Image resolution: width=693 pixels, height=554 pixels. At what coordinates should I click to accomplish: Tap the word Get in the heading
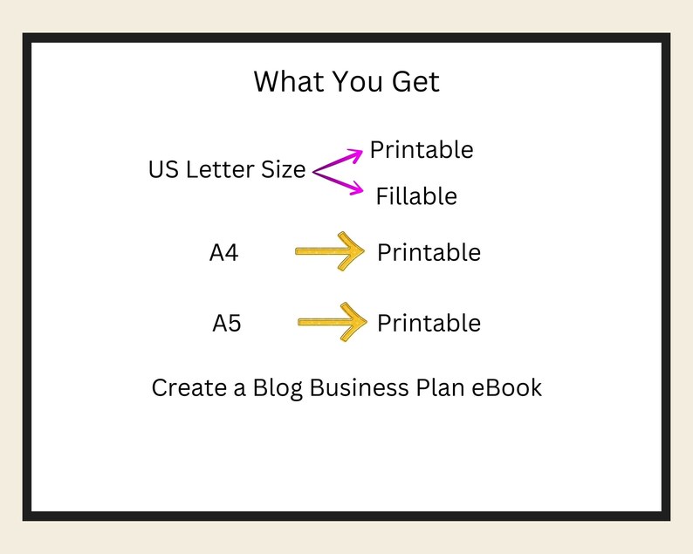[416, 81]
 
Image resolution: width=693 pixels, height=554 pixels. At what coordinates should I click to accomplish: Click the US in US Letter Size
[163, 169]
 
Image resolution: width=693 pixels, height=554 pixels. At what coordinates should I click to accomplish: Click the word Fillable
[416, 196]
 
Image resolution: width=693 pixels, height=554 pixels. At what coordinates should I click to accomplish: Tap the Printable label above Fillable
[422, 150]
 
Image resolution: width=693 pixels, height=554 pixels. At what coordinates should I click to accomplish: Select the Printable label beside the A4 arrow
[429, 253]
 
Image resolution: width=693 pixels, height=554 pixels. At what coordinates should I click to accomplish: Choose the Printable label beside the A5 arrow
[429, 324]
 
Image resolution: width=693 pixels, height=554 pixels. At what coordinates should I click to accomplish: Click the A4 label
[224, 253]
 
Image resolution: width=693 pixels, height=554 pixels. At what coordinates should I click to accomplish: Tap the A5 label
[227, 324]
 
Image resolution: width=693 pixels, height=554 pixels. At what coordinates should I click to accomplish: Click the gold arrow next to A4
[330, 251]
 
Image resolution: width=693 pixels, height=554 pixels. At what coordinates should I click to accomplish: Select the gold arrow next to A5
[333, 322]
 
